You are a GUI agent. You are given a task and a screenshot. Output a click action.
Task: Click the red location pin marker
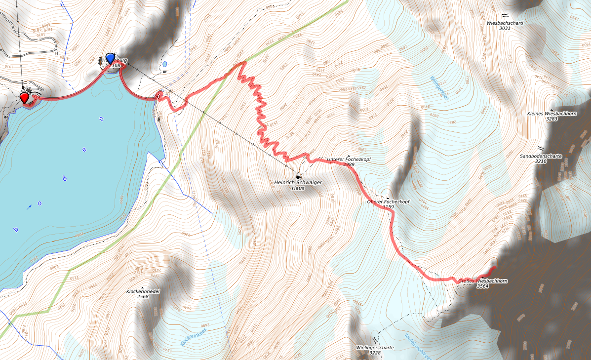[x=24, y=97]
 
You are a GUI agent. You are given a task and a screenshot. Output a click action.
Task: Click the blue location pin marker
[x=111, y=58]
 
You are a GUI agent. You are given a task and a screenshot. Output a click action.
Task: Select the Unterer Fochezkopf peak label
[x=349, y=160]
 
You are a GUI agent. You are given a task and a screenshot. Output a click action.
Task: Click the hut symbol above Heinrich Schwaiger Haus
[x=298, y=176]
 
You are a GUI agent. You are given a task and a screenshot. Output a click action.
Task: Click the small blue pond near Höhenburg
[x=164, y=64]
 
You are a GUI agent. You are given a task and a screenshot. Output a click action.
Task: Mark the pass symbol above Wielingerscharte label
[x=375, y=340]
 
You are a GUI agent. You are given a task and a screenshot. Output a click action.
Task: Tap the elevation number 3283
[x=552, y=119]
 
